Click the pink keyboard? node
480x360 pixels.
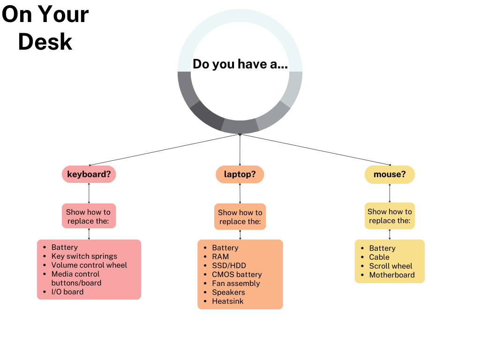pyautogui.click(x=89, y=174)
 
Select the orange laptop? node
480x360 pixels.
pyautogui.click(x=240, y=174)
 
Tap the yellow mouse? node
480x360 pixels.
pyautogui.click(x=390, y=174)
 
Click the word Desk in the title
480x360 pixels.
pyautogui.click(x=45, y=41)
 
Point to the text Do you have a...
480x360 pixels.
pyautogui.click(x=240, y=64)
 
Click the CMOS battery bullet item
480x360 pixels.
pyautogui.click(x=237, y=274)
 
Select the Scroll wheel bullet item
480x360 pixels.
pyautogui.click(x=390, y=266)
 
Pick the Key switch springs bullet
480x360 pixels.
pyautogui.click(x=84, y=256)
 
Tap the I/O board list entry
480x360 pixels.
pyautogui.click(x=67, y=292)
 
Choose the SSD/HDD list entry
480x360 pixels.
pyautogui.click(x=229, y=265)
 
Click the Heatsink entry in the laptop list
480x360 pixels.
pyautogui.click(x=227, y=301)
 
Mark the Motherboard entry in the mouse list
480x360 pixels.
pyautogui.click(x=391, y=275)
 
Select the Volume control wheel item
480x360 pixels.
pyautogui.click(x=89, y=265)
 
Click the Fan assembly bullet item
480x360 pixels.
pyautogui.click(x=236, y=283)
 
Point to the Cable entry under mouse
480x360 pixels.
pyautogui.click(x=379, y=257)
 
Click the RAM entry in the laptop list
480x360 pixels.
pyautogui.click(x=220, y=256)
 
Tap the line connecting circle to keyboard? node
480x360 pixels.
pyautogui.click(x=164, y=150)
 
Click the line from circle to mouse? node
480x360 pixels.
pyautogui.click(x=315, y=150)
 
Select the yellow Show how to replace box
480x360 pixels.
pyautogui.click(x=390, y=216)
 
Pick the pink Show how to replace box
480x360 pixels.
pyautogui.click(x=89, y=216)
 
